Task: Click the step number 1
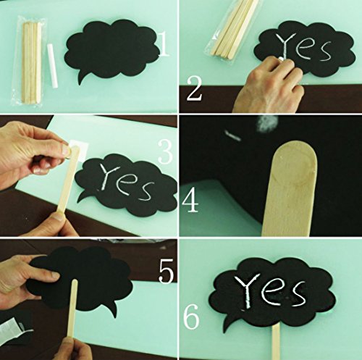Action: click(164, 45)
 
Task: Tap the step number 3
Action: click(166, 151)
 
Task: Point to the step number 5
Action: click(166, 271)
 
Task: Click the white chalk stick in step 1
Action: click(52, 65)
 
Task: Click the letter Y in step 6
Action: click(248, 290)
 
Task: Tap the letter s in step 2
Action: click(323, 51)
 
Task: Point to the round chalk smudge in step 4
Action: click(268, 123)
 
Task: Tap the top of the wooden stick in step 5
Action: click(75, 281)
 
